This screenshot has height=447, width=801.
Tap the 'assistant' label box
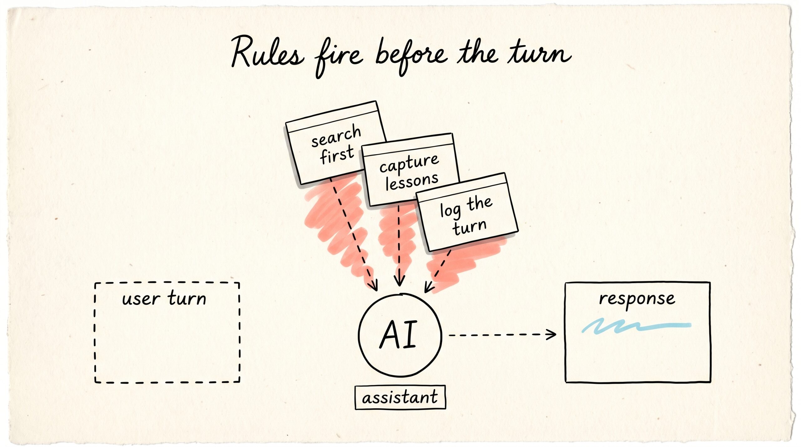(400, 397)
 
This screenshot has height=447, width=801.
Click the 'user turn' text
(164, 298)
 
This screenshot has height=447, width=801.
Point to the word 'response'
(637, 299)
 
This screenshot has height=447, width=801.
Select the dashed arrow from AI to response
(502, 335)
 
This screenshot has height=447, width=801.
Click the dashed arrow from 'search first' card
(354, 235)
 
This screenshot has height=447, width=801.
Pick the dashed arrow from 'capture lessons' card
(399, 246)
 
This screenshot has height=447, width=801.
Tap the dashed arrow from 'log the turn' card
(437, 271)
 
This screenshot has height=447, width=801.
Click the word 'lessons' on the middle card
(412, 181)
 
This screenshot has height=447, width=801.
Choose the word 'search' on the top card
(336, 135)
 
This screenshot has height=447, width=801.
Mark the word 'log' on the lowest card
(450, 211)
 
